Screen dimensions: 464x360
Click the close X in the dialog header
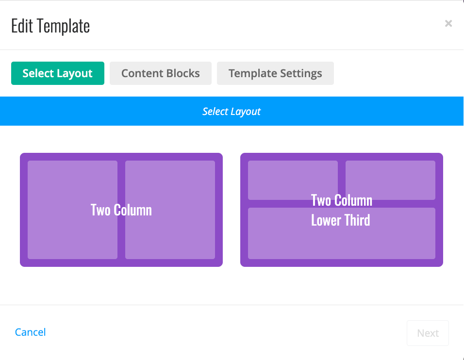448,23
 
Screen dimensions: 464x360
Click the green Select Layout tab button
58,73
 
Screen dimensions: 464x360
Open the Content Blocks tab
161,73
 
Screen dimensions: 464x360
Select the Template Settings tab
275,73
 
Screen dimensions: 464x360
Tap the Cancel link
31,332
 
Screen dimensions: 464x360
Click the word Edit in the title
22,26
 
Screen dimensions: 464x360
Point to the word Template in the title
63,27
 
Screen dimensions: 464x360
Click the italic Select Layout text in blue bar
232,111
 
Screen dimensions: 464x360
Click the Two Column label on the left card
121,210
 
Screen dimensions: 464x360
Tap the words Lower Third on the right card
341,220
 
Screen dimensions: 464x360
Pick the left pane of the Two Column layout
72,210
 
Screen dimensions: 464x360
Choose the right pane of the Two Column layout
170,210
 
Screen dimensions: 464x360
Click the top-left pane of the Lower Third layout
293,180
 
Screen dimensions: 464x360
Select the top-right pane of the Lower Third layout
391,180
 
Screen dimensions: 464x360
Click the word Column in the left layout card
133,210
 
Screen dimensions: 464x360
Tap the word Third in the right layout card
357,220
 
